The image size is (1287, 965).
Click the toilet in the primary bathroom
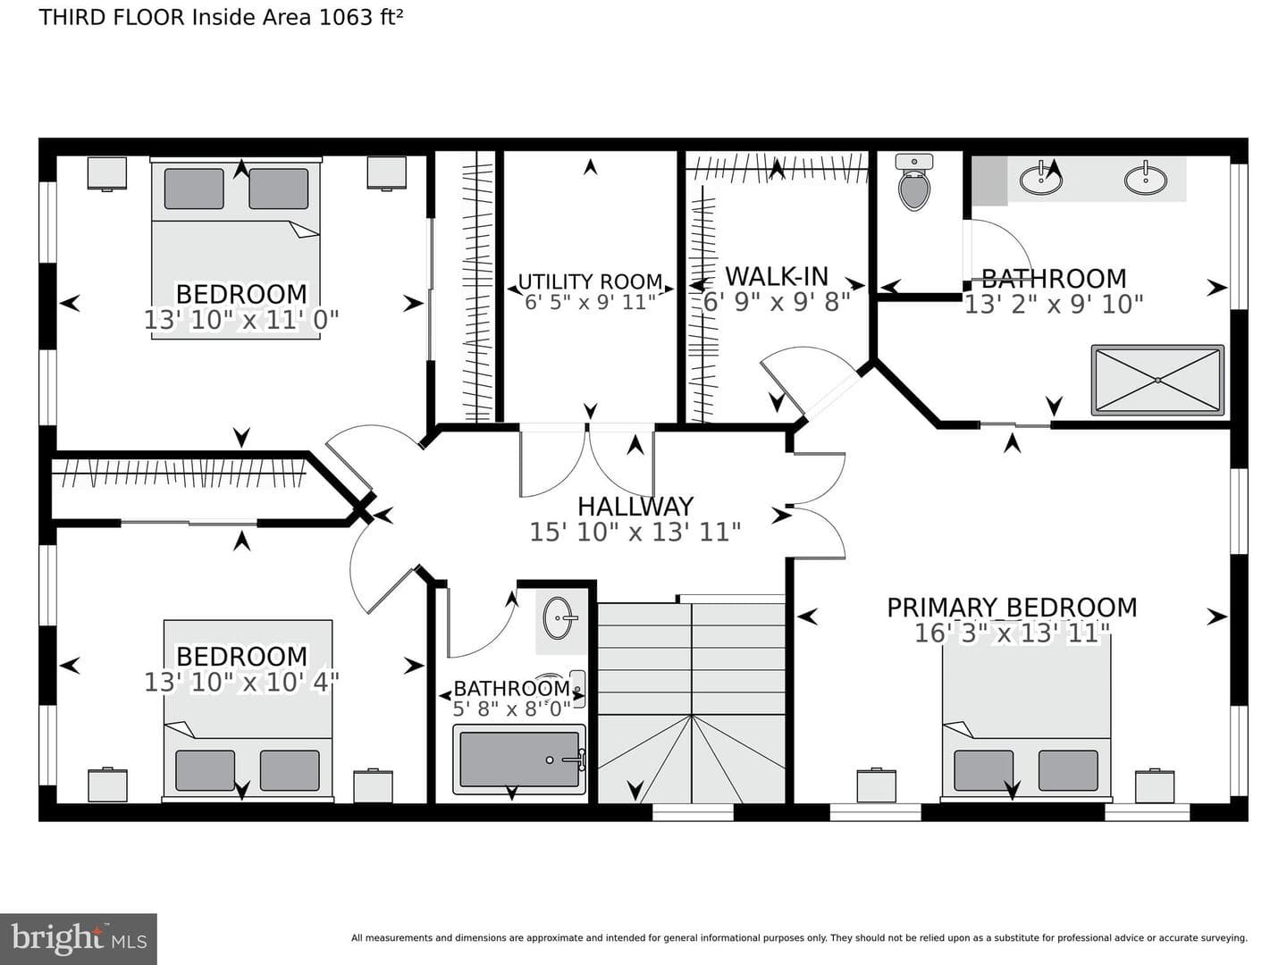tap(914, 182)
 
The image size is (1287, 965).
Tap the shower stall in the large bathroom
tap(1157, 381)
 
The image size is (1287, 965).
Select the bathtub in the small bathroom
tap(519, 759)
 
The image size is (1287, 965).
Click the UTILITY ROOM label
tap(591, 281)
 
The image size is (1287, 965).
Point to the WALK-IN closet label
tap(777, 276)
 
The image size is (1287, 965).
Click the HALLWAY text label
tap(635, 507)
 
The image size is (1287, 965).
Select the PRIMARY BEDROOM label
tap(1012, 608)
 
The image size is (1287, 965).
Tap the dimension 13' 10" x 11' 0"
tap(241, 320)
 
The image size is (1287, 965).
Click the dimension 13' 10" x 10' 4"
tap(241, 682)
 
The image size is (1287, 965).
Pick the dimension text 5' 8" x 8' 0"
tap(511, 709)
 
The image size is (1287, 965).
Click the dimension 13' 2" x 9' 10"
tap(1055, 304)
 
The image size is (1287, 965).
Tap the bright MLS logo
tap(79, 938)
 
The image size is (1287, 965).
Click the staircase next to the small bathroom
tap(691, 702)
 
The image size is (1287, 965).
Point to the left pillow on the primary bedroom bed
tap(983, 770)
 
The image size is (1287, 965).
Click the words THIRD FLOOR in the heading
tap(112, 18)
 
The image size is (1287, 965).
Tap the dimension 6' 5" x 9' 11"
tap(591, 302)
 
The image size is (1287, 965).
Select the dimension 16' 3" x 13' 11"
tap(1012, 634)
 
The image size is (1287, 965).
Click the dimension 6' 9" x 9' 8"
tap(777, 302)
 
